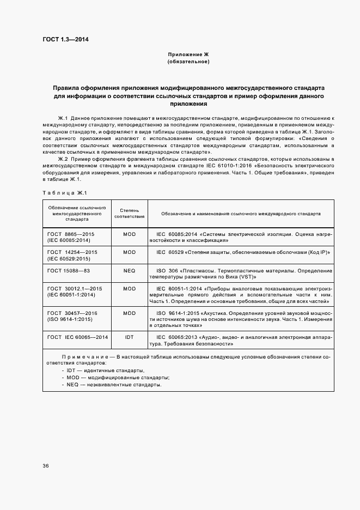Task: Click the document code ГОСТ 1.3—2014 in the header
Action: (65, 40)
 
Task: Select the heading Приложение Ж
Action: (188, 55)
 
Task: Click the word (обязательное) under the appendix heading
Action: (188, 62)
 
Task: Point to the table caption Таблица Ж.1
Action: (64, 192)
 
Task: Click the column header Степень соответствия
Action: (129, 214)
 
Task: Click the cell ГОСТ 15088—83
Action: (69, 270)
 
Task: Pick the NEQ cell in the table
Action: (129, 270)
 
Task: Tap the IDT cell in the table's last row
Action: (129, 337)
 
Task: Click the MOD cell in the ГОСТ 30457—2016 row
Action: (129, 313)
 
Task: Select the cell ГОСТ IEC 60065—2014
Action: (77, 337)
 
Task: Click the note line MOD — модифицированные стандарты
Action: (115, 378)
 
